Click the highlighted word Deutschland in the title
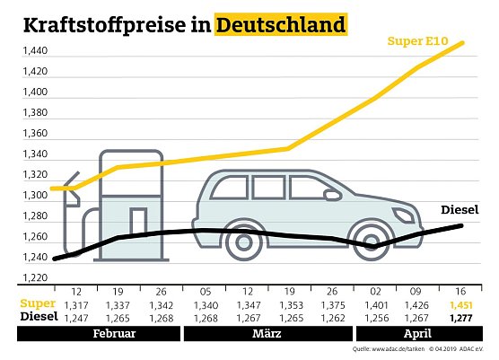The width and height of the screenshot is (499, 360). coord(281,25)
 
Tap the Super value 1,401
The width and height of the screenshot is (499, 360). coord(376,305)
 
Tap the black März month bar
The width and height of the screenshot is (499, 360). coord(267,333)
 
